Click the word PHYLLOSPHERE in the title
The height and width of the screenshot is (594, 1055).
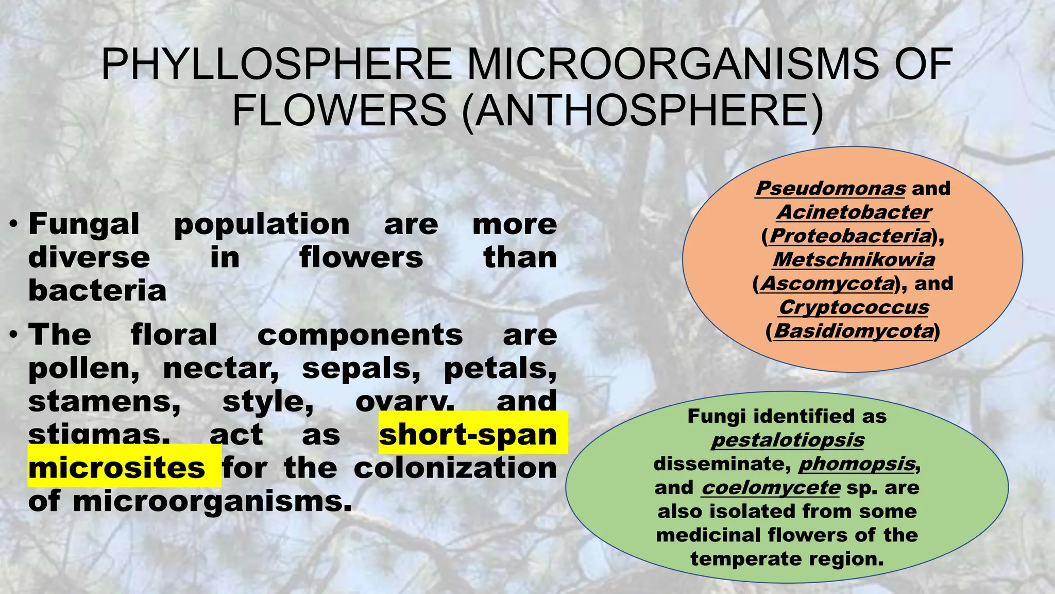point(277,64)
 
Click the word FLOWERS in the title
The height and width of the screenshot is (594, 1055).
point(339,110)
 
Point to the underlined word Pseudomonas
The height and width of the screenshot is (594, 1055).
point(830,188)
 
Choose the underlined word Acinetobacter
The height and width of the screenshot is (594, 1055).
point(854,212)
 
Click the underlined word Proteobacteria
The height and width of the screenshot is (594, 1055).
point(850,236)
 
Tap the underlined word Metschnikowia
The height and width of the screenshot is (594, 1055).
point(854,259)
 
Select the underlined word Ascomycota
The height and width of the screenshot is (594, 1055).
point(828,283)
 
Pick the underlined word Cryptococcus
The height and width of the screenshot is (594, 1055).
point(854,307)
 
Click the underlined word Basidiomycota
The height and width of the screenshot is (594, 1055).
point(854,331)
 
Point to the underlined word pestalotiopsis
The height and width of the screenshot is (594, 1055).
point(788,440)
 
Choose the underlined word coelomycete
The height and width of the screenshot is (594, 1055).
point(771,487)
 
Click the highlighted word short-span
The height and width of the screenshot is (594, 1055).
point(468,434)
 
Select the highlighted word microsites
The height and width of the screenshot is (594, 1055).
point(117,468)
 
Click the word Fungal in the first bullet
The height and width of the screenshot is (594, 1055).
point(84,224)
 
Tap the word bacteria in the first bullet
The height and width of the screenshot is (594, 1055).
point(97,291)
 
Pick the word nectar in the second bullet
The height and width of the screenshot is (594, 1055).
point(221,368)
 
